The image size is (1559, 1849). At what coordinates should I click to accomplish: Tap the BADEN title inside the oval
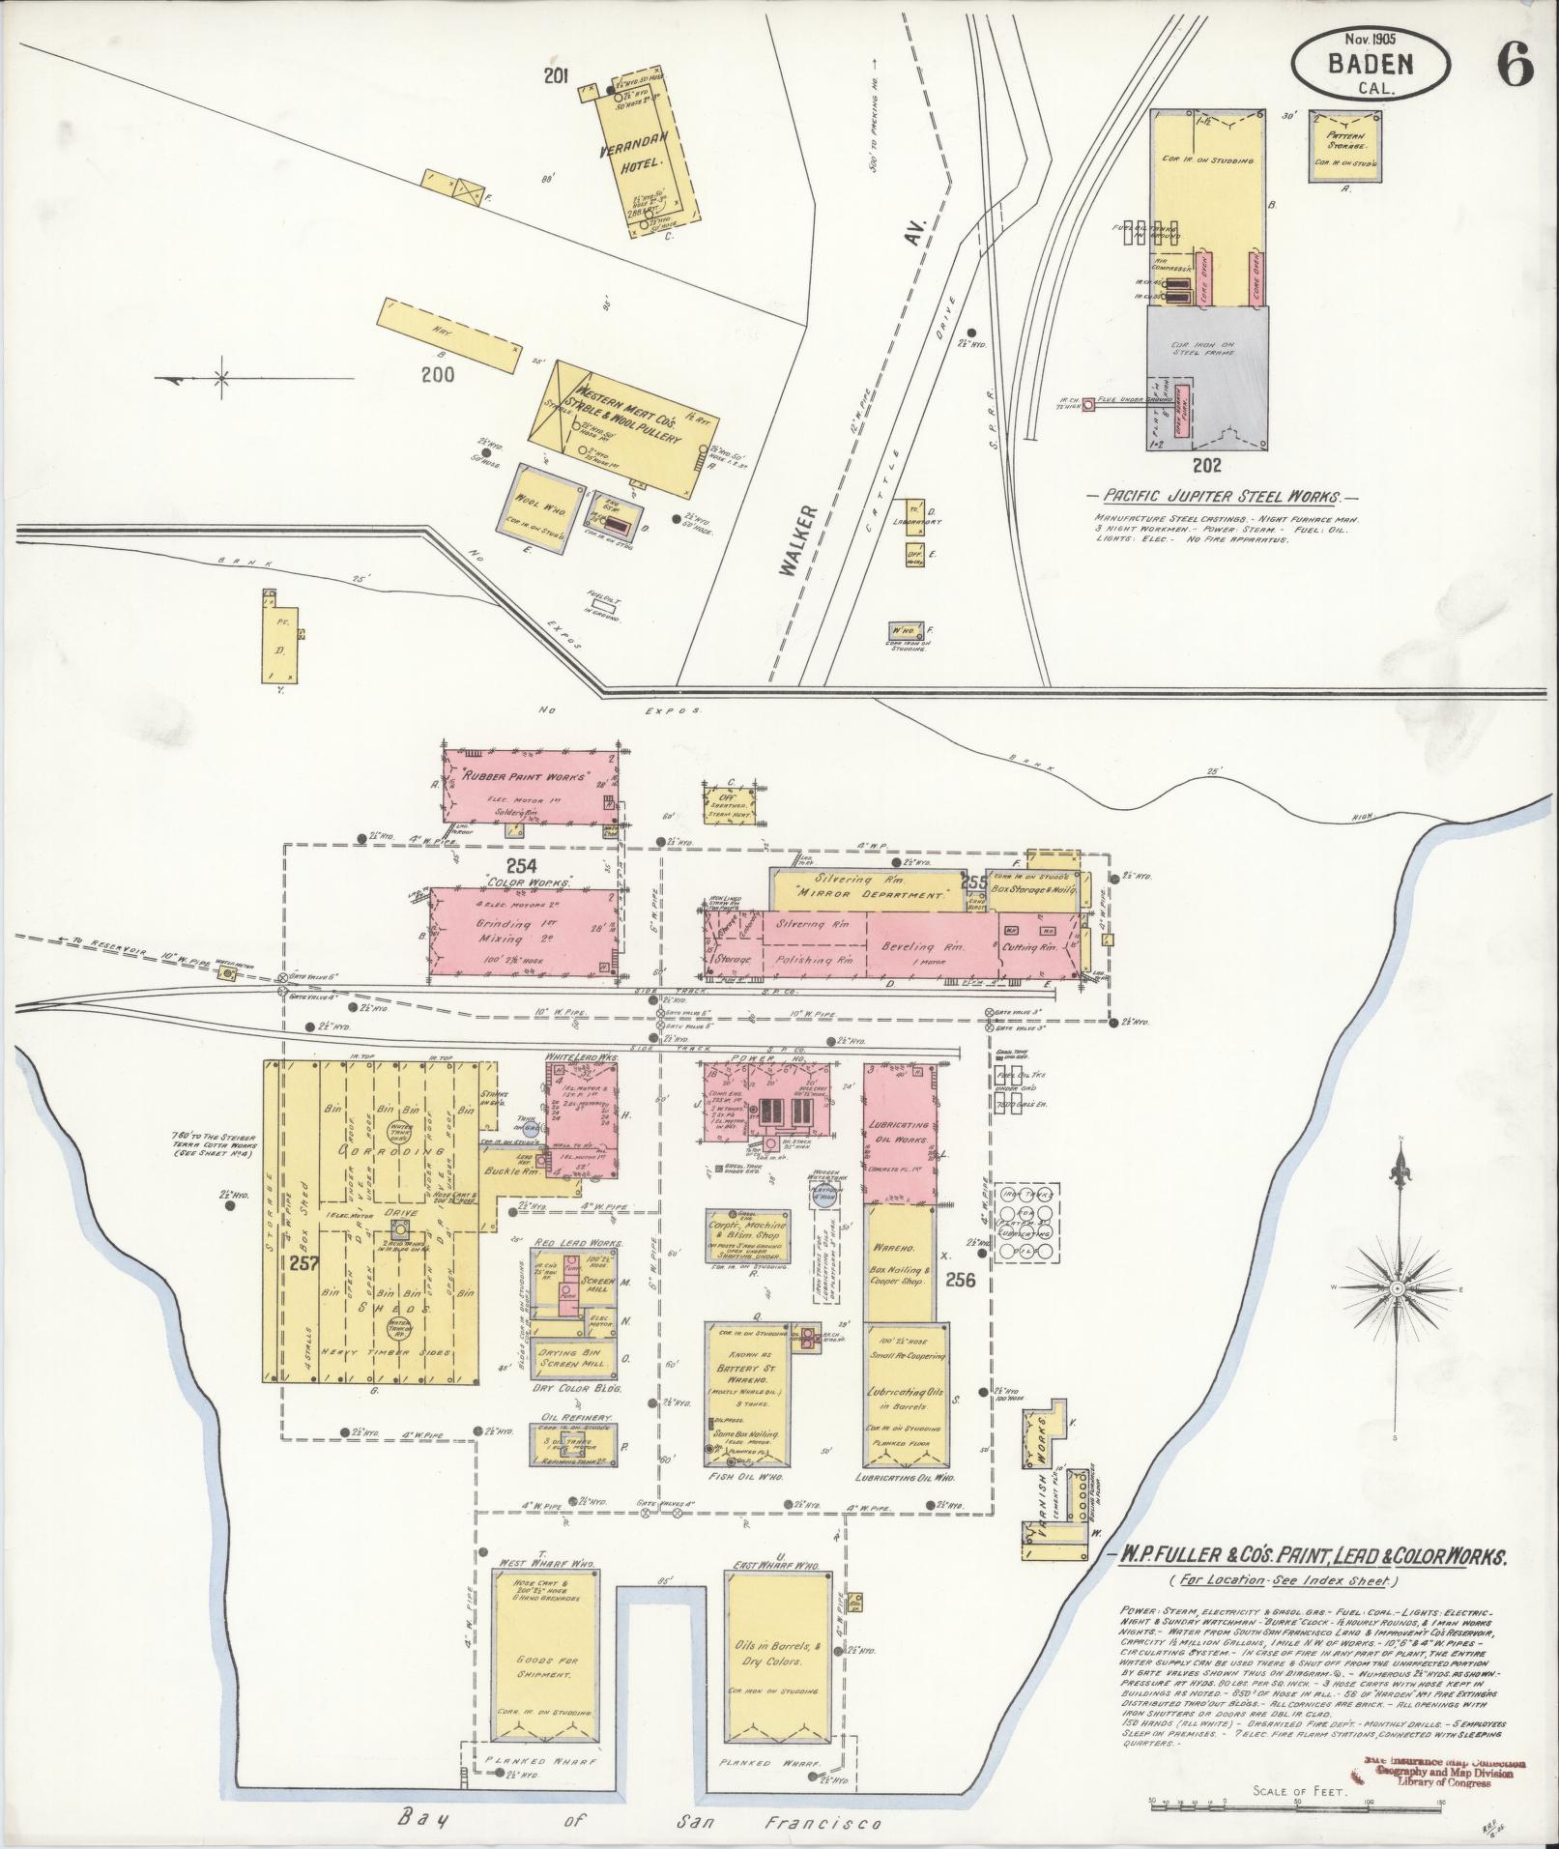(x=1370, y=65)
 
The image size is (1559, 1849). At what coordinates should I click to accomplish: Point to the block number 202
(x=1207, y=465)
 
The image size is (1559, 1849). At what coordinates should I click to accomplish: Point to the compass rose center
(x=1398, y=1288)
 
